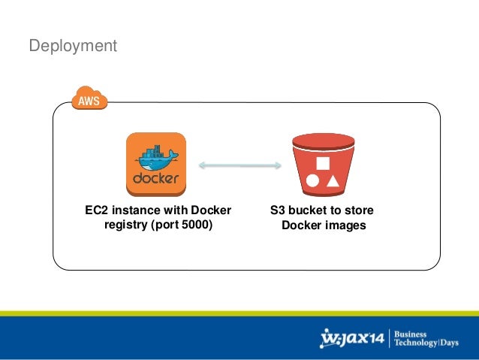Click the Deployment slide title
[x=73, y=47]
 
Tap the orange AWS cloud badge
[x=90, y=99]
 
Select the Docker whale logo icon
[x=155, y=163]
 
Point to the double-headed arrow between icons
[x=239, y=165]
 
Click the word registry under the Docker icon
[x=125, y=225]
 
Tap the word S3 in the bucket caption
[x=277, y=210]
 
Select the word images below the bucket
[x=345, y=225]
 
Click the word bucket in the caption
[x=307, y=210]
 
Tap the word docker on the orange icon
[x=155, y=179]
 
